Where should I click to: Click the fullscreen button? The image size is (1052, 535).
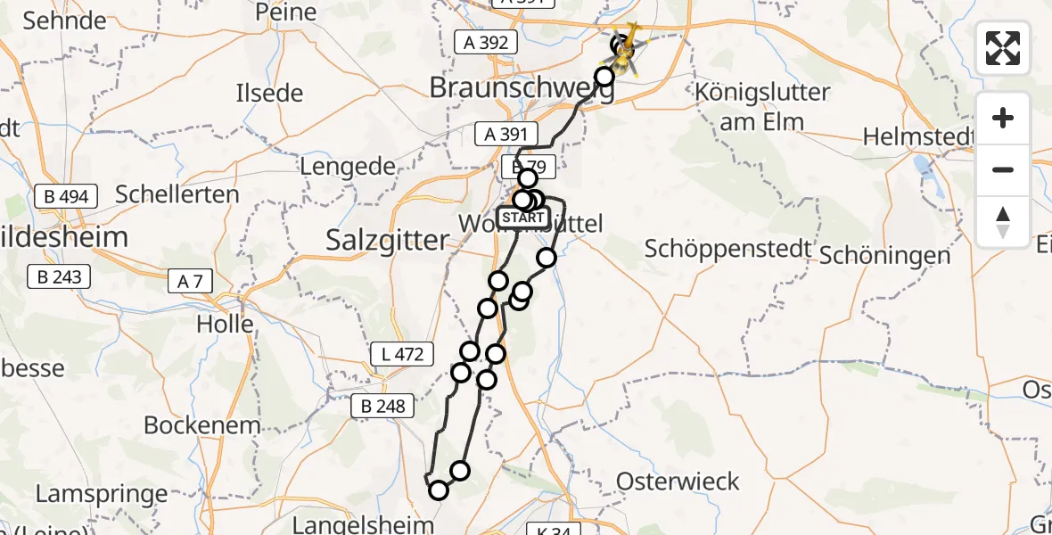pos(1003,48)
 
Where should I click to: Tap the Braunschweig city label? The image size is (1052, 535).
pos(522,88)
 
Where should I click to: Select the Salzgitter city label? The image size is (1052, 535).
pos(386,240)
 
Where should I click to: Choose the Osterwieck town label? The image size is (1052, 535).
pos(678,482)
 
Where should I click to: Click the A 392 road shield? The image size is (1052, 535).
pos(485,42)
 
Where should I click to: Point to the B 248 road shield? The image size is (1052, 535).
pos(383,407)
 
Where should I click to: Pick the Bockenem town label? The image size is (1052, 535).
pos(202,425)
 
